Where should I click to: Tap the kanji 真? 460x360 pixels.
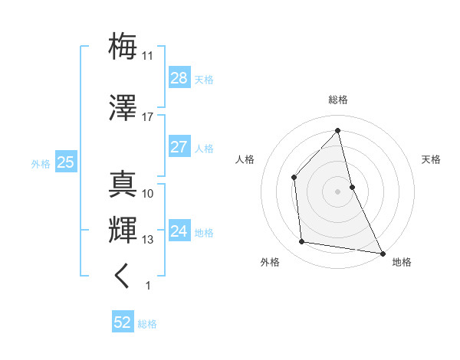pos(123,185)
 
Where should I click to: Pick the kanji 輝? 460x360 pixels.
pos(123,230)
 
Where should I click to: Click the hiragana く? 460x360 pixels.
pos(123,275)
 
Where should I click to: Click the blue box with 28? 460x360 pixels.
pos(179,78)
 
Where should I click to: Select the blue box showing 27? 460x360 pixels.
pos(179,147)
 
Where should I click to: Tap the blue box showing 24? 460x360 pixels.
pos(179,231)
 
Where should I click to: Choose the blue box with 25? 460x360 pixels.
pos(65,162)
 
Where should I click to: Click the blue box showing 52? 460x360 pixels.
pos(123,323)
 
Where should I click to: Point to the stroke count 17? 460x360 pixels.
pos(147,116)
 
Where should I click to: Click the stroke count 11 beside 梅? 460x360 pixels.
pos(148,56)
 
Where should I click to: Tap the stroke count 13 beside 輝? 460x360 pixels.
pos(148,240)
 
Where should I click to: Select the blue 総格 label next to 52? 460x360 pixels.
pos(147,324)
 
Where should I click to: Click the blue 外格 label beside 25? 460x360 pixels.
pos(41,163)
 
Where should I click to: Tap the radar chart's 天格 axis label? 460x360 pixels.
pos(432,159)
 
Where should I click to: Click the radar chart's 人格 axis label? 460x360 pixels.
pos(245,159)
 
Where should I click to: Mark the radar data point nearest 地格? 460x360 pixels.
pos(381,252)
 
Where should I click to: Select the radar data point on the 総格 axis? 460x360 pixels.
pos(338,131)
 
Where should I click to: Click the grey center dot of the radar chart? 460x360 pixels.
pos(338,191)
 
